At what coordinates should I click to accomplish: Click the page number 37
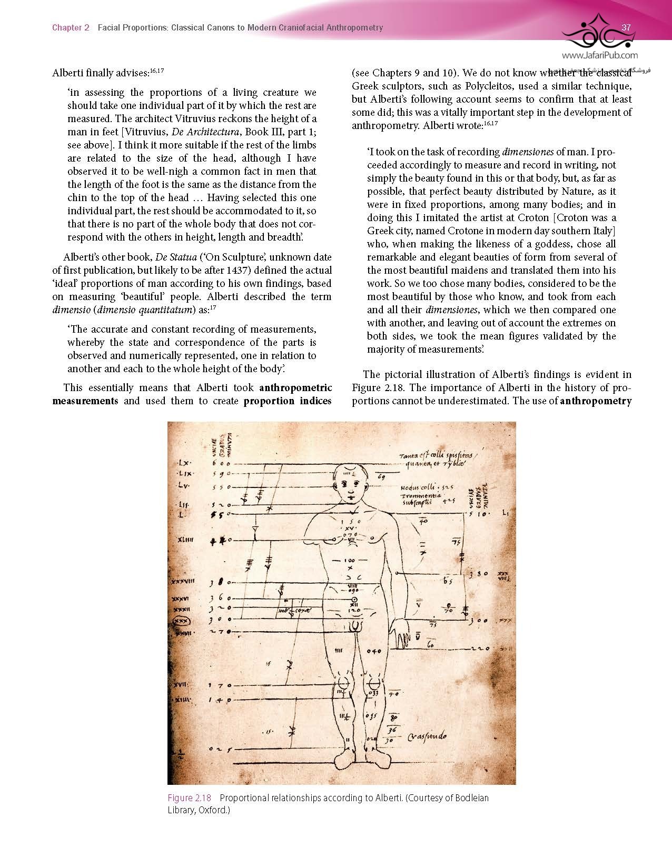[626, 27]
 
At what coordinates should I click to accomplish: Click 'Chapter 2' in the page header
[71, 27]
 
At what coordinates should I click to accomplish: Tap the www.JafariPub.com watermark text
[599, 55]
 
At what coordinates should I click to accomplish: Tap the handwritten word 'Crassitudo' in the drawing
[427, 735]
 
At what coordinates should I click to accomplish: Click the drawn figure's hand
[403, 632]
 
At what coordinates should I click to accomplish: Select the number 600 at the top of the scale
[221, 464]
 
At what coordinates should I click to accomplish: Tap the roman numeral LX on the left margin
[184, 464]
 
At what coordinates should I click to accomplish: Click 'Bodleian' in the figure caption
[470, 797]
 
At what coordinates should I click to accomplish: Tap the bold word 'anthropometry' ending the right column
[596, 401]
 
